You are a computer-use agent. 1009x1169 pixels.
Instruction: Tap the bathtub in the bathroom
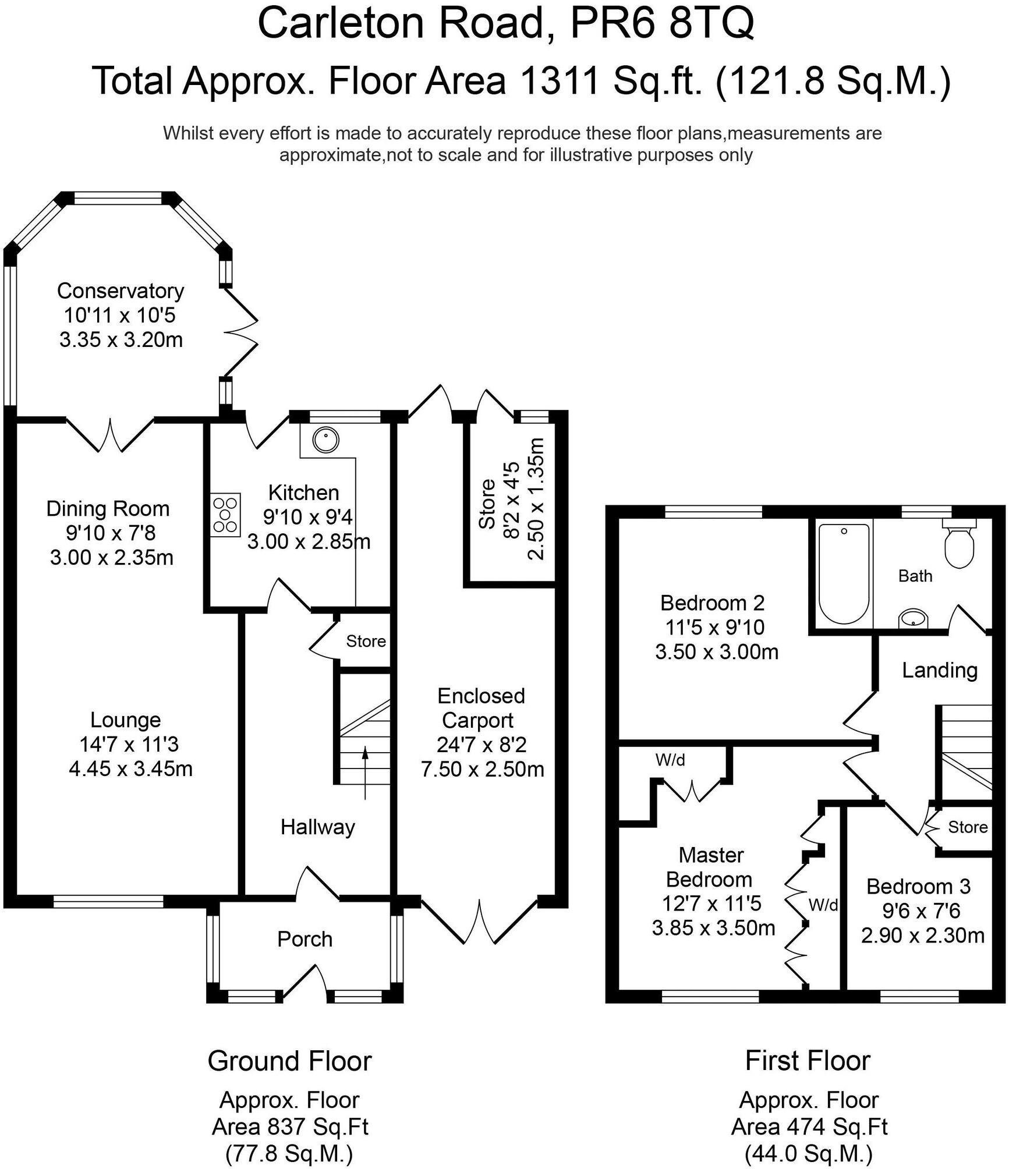pyautogui.click(x=844, y=573)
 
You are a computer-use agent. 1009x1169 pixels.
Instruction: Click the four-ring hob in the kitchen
pyautogui.click(x=226, y=515)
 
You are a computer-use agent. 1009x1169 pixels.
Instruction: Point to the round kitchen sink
pyautogui.click(x=325, y=440)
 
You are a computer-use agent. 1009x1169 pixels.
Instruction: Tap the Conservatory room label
pyautogui.click(x=121, y=291)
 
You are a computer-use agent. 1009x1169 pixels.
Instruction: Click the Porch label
pyautogui.click(x=305, y=938)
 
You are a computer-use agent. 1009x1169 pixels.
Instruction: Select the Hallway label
pyautogui.click(x=317, y=827)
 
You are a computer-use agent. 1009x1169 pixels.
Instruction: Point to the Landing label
pyautogui.click(x=939, y=670)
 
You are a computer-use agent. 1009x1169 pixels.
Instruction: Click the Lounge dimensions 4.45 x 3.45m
pyautogui.click(x=130, y=768)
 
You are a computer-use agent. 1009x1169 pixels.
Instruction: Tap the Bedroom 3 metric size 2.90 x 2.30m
pyautogui.click(x=922, y=935)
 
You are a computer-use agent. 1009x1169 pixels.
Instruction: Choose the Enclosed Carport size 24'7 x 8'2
pyautogui.click(x=482, y=744)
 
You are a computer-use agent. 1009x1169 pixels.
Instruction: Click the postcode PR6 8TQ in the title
pyautogui.click(x=662, y=23)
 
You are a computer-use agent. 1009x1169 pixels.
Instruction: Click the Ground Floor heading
pyautogui.click(x=289, y=1061)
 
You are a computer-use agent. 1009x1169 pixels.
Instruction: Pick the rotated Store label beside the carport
pyautogui.click(x=487, y=504)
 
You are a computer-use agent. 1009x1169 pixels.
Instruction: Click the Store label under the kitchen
pyautogui.click(x=366, y=641)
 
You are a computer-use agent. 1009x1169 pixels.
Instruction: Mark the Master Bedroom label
pyautogui.click(x=710, y=867)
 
